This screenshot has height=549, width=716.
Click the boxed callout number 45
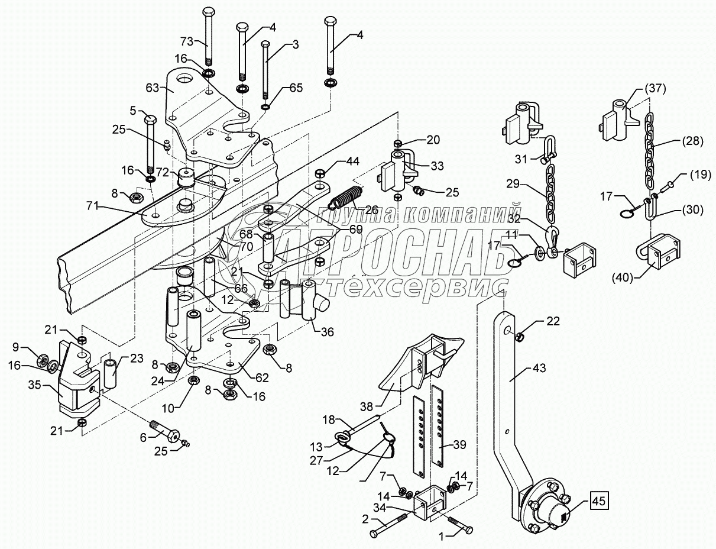coord(599,502)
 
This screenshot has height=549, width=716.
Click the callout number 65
coord(296,88)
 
